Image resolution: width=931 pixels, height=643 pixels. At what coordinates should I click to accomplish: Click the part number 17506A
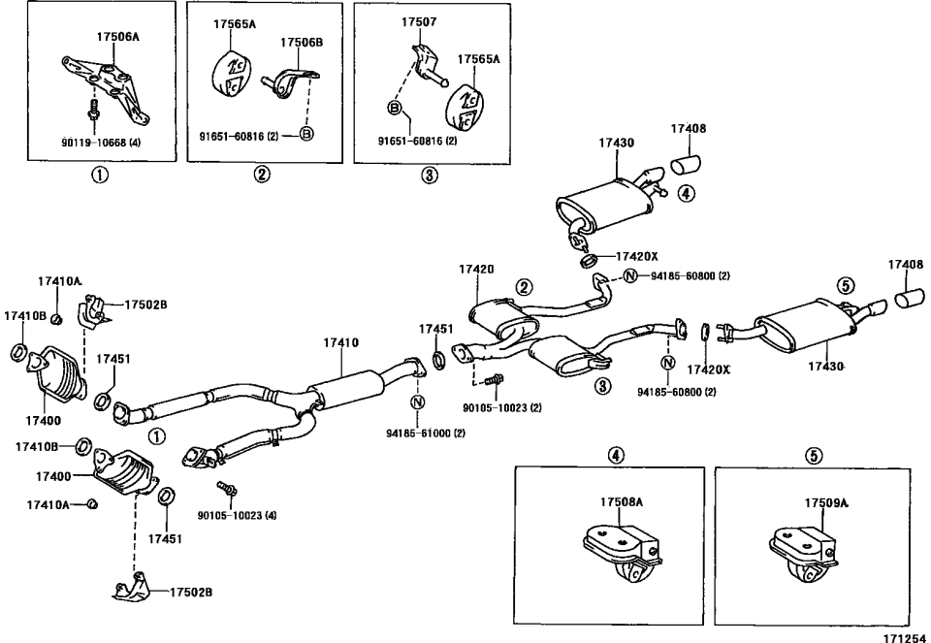click(117, 36)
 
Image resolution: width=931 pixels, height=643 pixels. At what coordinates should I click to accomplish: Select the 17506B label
click(302, 43)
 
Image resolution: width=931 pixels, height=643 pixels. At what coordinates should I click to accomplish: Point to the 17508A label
click(621, 502)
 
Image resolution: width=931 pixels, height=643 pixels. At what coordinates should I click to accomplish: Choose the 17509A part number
click(825, 502)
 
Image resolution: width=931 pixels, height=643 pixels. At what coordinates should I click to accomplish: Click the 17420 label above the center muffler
click(477, 269)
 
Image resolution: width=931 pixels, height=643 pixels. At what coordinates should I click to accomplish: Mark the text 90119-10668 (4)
click(101, 141)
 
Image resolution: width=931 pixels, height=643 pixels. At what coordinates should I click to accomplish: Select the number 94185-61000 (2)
click(426, 433)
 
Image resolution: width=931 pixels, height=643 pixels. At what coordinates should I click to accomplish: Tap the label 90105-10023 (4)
click(237, 514)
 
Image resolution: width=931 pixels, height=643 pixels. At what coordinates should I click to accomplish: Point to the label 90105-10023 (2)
click(501, 407)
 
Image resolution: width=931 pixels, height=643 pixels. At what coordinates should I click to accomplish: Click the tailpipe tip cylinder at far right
click(910, 297)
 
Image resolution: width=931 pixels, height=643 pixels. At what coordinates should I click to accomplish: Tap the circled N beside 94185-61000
click(417, 402)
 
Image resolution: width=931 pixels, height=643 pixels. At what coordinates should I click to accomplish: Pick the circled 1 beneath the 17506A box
click(100, 176)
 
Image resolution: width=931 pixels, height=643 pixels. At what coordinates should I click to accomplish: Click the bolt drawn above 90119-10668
click(93, 109)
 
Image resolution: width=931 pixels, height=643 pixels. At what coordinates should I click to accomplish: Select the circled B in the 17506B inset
click(305, 135)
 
